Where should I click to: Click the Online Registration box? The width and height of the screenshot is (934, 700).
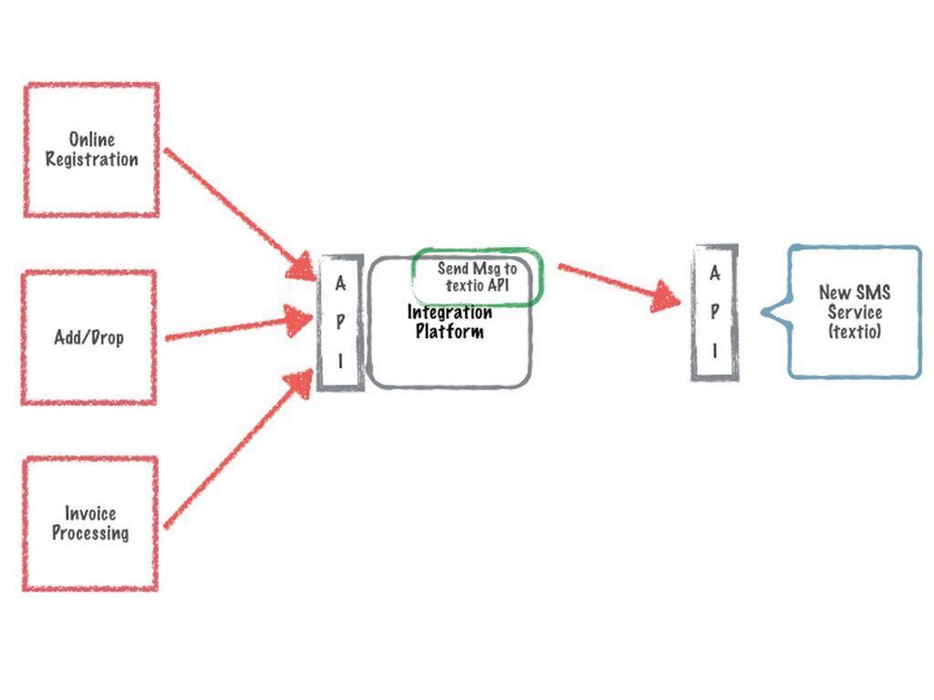[91, 150]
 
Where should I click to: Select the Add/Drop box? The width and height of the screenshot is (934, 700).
[88, 337]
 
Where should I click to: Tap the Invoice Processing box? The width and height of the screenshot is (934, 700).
[89, 524]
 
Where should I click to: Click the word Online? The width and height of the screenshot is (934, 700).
[92, 139]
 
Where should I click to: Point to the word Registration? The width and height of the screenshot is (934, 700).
[92, 160]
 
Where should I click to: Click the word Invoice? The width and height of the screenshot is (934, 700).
[90, 514]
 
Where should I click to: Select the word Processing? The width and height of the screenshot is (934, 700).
[90, 534]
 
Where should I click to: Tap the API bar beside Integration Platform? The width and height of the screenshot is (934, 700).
[340, 323]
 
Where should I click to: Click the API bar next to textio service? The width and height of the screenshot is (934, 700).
[715, 312]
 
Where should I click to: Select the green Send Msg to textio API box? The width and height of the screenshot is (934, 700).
[477, 277]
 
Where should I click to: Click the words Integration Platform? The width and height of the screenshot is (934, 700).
[450, 322]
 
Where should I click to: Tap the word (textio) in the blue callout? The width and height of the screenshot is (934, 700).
[855, 333]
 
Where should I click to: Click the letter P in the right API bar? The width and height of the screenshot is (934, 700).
[715, 311]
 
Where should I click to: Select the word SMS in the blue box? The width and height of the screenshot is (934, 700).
[873, 293]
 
